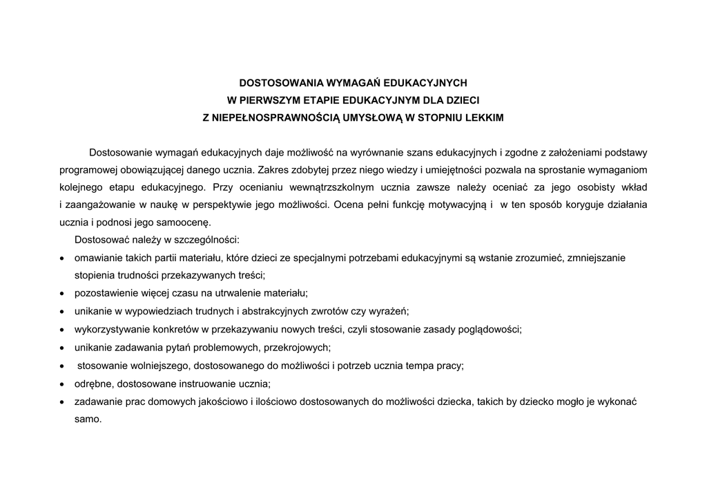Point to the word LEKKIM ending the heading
(483, 118)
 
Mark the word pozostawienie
(106, 293)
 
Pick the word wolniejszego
(153, 365)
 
